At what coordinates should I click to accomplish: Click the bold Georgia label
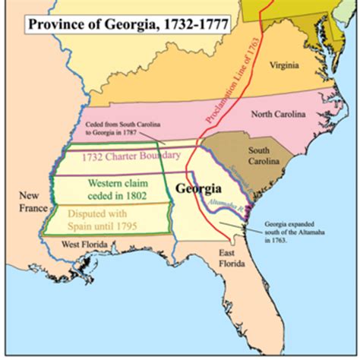pos(199,187)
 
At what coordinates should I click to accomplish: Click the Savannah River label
pos(239,179)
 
